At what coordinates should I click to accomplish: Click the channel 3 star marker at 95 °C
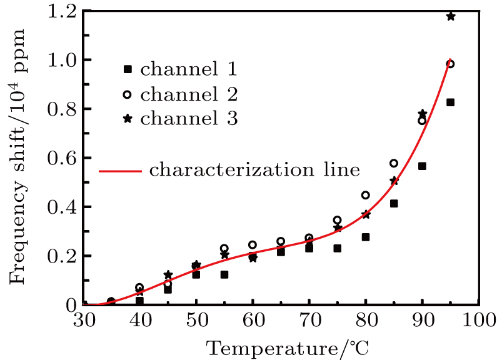(450, 16)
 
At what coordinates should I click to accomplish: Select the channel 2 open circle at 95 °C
(450, 64)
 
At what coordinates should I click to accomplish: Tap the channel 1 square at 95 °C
(450, 102)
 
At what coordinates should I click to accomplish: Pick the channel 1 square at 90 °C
(422, 166)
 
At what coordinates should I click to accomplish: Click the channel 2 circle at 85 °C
(394, 163)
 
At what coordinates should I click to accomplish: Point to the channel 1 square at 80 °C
(366, 237)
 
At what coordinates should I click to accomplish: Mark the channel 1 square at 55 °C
(224, 274)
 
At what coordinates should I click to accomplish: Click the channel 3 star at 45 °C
(168, 274)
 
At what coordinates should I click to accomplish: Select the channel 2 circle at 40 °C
(139, 287)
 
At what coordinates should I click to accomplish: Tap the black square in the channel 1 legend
(128, 69)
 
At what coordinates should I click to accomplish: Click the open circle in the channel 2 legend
(128, 94)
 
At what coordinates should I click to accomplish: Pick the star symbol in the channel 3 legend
(128, 119)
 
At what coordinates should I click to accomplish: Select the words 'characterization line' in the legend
(254, 169)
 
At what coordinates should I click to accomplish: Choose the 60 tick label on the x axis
(253, 322)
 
